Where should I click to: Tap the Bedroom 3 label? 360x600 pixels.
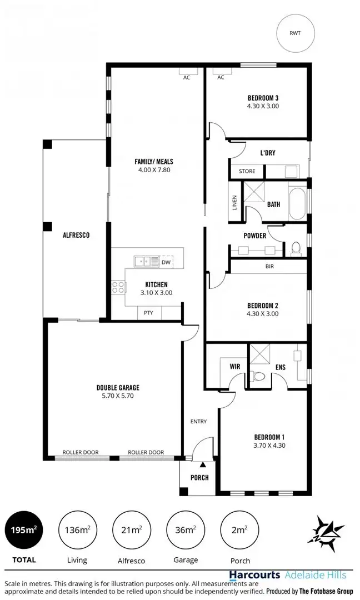263,98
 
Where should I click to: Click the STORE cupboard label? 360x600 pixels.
247,172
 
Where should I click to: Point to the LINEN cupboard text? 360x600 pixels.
235,203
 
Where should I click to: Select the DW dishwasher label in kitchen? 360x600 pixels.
166,262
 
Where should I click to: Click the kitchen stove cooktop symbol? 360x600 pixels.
118,287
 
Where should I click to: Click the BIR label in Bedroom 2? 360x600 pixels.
269,267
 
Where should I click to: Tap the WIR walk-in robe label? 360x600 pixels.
234,367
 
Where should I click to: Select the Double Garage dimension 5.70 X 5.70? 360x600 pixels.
118,396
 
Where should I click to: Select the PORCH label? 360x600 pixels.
199,477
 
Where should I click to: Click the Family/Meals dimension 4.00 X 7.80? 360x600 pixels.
154,170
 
